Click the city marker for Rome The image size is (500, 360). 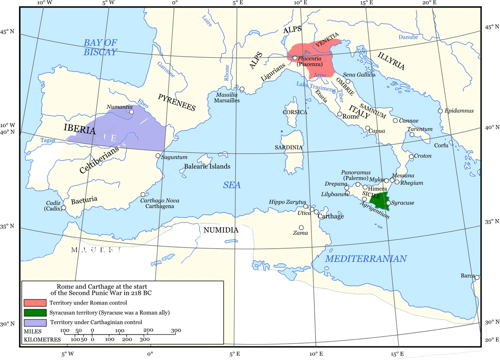pos(340,114)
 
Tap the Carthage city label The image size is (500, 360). pos(331,216)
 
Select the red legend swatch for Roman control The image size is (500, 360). pos(35,303)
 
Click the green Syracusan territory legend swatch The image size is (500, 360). pos(35,312)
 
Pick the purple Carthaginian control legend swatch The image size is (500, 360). pos(35,322)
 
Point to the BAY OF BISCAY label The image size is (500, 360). pos(100,47)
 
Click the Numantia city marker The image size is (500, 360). pos(131,112)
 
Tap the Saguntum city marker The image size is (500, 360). pos(157,156)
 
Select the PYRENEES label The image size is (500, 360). pos(177,102)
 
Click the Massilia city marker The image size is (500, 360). pos(242,89)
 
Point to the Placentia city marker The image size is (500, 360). pos(295,58)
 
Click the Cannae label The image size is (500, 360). pos(408,120)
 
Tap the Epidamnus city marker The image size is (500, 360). pos(440,111)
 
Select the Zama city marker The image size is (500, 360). pos(301,227)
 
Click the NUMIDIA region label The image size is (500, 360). pos(221,230)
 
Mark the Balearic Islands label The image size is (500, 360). pos(207,166)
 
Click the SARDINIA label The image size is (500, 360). pos(288,147)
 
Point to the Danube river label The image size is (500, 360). pos(408,37)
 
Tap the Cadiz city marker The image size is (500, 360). pos(63,207)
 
